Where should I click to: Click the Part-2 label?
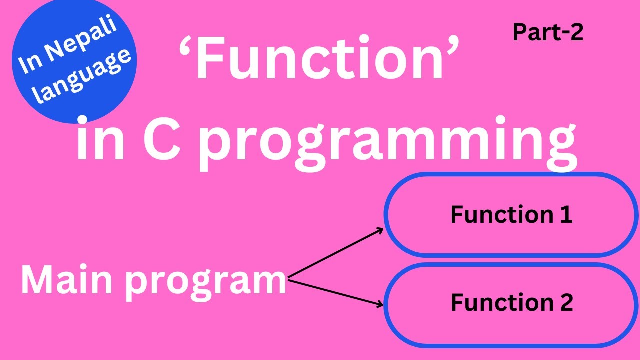click(x=548, y=32)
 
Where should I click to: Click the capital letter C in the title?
click(x=162, y=140)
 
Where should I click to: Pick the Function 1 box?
click(x=511, y=215)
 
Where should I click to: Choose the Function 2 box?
click(x=511, y=305)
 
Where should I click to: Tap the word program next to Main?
click(x=205, y=283)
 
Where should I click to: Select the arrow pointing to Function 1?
click(x=335, y=253)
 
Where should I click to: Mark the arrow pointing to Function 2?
click(x=335, y=293)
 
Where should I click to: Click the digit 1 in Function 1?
click(x=567, y=215)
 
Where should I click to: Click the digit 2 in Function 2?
click(x=566, y=302)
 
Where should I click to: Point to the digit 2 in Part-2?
click(x=576, y=32)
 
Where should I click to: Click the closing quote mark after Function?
click(x=452, y=47)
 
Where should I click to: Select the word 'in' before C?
click(x=100, y=139)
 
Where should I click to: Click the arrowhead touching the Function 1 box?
click(x=380, y=230)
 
